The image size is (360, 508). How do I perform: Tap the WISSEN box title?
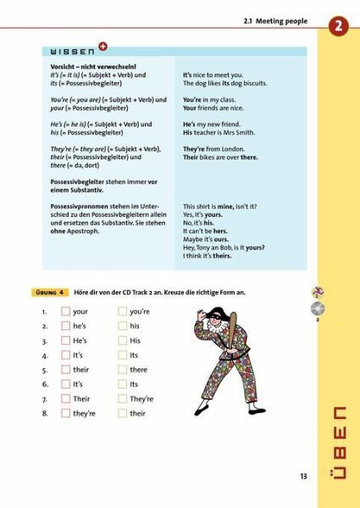coord(71,51)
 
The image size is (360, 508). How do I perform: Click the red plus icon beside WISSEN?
coord(102,47)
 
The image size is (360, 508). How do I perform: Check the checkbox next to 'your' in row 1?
coord(65,312)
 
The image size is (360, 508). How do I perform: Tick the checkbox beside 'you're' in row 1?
coord(122,312)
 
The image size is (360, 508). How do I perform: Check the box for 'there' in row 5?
coord(122,370)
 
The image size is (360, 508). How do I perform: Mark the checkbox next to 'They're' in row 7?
coord(122,399)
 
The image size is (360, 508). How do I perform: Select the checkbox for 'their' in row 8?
coord(122,413)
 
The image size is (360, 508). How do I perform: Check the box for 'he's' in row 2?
coord(65,326)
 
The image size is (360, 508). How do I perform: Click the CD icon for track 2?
coord(318,307)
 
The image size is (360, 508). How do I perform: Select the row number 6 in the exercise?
coord(44,384)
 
